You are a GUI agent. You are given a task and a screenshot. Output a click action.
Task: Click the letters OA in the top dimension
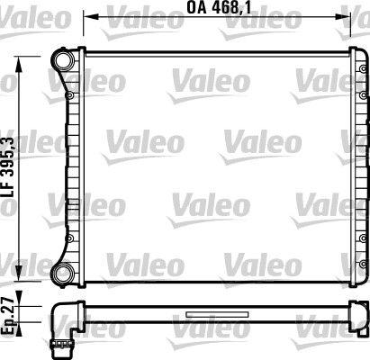[196, 10]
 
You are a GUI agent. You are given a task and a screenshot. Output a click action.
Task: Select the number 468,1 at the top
[229, 10]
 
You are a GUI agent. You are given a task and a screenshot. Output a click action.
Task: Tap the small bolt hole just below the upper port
[68, 92]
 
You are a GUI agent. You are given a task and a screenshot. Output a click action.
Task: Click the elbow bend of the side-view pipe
[64, 315]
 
